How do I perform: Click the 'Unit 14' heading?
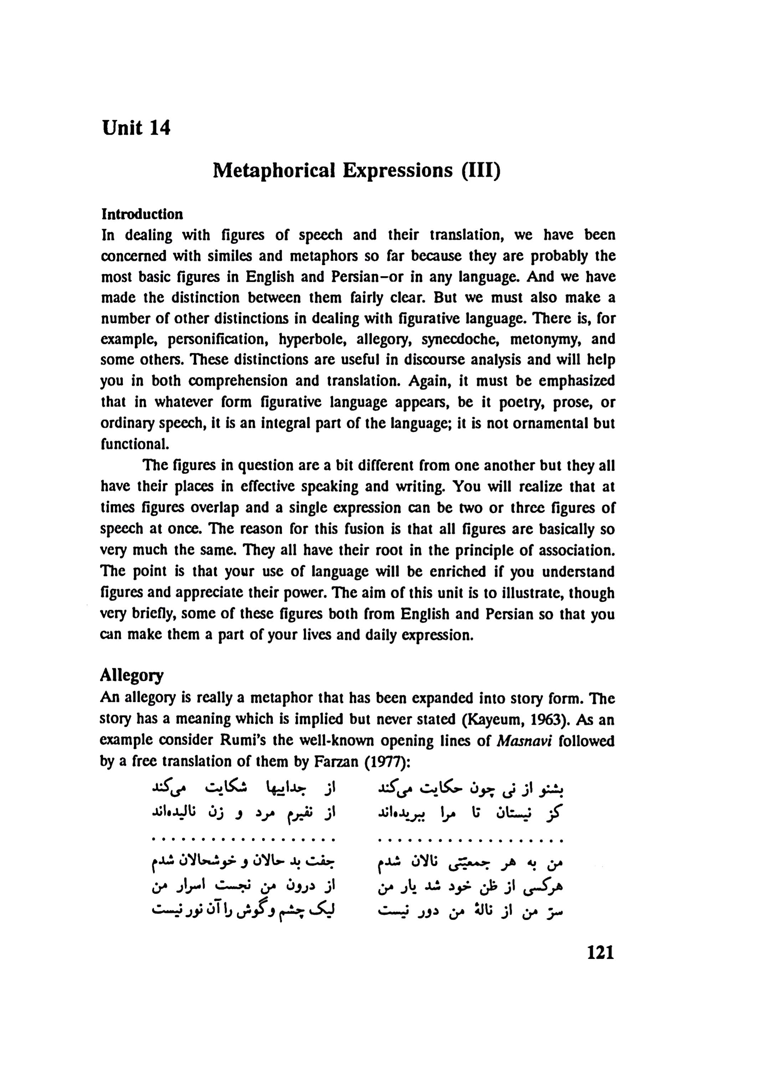[x=137, y=128]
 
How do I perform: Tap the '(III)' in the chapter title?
[x=481, y=171]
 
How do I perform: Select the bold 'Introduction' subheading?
[x=142, y=215]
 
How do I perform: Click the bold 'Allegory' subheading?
[x=132, y=676]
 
